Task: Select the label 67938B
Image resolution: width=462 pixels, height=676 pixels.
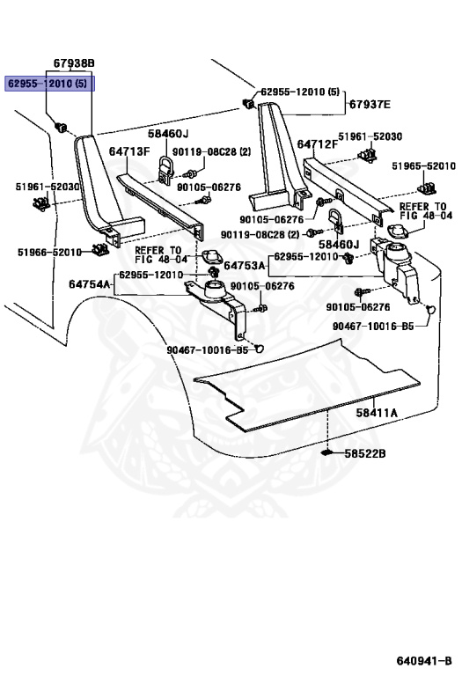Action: (x=74, y=63)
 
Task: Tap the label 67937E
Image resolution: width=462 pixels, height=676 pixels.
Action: (x=370, y=105)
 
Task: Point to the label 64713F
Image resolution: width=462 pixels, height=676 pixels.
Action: (x=129, y=151)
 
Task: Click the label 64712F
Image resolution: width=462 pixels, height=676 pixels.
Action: (x=318, y=144)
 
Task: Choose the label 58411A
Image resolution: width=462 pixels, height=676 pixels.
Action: (x=377, y=413)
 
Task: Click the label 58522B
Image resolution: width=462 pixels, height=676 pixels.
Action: (x=365, y=453)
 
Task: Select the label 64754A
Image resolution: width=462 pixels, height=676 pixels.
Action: (x=90, y=284)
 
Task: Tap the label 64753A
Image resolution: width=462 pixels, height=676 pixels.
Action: (x=245, y=266)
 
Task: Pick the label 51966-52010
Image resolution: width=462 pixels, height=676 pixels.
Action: (x=49, y=253)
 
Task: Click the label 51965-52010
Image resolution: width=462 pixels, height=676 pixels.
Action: (x=423, y=166)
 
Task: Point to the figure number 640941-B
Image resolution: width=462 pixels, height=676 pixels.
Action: (x=424, y=661)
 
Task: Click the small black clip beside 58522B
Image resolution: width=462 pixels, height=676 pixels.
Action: (x=328, y=452)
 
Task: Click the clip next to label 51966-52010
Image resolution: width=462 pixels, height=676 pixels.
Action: (x=100, y=249)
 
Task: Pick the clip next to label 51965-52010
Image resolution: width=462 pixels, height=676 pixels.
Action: (x=426, y=187)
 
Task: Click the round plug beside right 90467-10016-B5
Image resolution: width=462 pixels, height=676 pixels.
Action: (x=430, y=309)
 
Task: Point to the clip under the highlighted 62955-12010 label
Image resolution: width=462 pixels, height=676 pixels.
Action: (x=61, y=127)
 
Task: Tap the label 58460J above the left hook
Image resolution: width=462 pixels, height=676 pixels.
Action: (x=168, y=134)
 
